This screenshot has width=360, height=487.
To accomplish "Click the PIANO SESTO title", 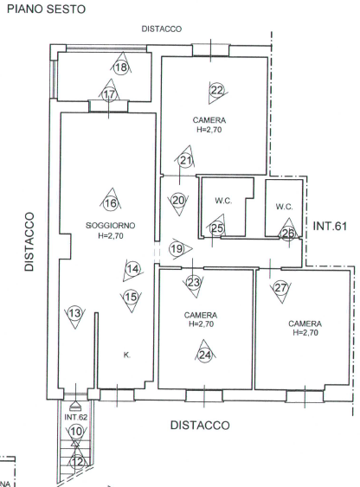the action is tap(46, 9).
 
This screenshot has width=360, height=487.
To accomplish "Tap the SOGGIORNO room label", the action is tap(110, 226).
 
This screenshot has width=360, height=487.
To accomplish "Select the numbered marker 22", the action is tap(217, 90).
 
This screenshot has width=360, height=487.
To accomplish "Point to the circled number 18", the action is tap(121, 67).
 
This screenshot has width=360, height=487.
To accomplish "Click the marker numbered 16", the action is tap(111, 203).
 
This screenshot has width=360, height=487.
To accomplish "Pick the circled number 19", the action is tap(177, 248).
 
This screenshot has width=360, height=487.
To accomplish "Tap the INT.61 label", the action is tap(330, 226).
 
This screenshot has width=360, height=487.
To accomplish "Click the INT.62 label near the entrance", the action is tap(76, 417).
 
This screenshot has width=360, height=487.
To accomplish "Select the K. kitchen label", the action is tap(126, 355).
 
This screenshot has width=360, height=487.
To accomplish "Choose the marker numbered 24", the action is tap(205, 355).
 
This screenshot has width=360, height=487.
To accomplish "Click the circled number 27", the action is tap(280, 287).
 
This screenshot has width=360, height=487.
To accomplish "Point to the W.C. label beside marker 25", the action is tap(223, 201).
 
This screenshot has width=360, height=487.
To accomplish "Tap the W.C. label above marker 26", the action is tap(284, 207).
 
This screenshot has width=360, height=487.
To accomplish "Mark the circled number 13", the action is tap(74, 313).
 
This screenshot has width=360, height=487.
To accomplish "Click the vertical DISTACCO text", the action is tap(29, 241).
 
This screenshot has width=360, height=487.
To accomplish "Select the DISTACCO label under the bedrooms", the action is tap(201, 425).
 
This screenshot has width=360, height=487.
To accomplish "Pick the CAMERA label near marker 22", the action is tap(209, 120).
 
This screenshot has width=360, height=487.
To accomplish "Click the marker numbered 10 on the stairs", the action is tap(76, 431).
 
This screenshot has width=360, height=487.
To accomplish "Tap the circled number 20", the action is tap(178, 201).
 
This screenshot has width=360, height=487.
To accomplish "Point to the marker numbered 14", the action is tap(133, 269).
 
